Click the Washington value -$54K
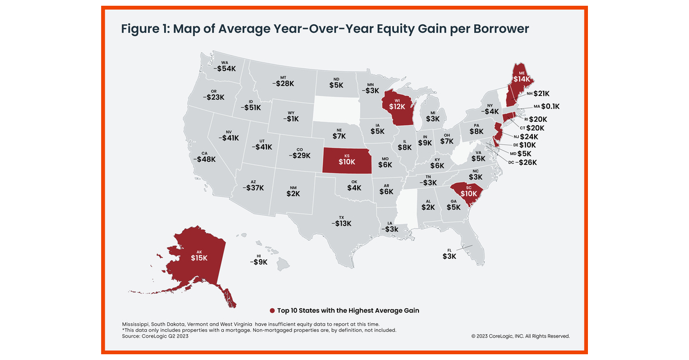tap(224, 69)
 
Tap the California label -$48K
tap(204, 159)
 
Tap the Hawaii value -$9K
tap(258, 262)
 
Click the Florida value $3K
tap(449, 256)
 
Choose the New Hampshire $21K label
tap(541, 93)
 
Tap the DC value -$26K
tap(527, 162)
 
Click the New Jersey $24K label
tap(529, 137)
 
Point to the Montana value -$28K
tap(283, 83)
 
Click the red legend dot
tap(272, 311)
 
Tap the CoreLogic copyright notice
tap(520, 336)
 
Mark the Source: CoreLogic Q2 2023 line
tap(155, 336)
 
